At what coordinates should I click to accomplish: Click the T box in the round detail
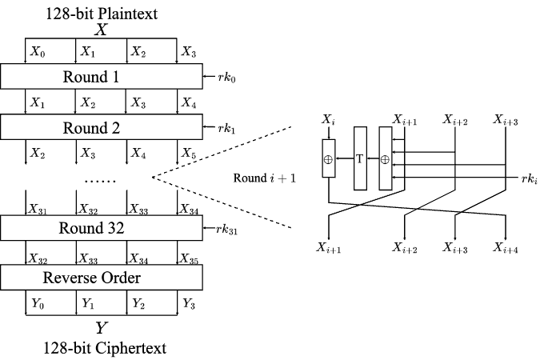coord(359,158)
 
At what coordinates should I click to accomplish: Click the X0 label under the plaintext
coord(38,51)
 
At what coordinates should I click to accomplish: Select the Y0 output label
coord(38,303)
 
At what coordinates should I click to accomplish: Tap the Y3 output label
coord(188,303)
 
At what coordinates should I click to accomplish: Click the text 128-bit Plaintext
coord(102,12)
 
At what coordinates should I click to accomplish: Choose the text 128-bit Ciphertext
coord(102,347)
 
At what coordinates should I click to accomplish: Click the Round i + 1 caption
coord(265,178)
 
